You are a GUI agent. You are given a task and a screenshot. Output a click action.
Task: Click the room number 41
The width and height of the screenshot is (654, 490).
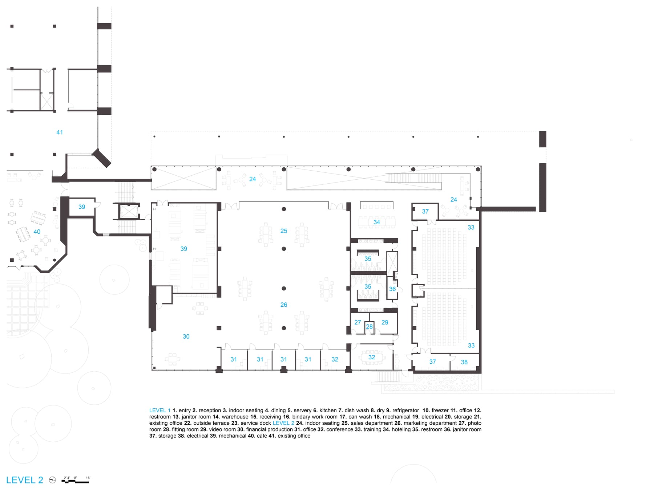click(60, 132)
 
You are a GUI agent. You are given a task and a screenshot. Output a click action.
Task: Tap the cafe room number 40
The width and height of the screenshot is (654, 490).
click(37, 232)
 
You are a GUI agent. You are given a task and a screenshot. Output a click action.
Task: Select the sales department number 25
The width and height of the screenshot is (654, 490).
click(284, 231)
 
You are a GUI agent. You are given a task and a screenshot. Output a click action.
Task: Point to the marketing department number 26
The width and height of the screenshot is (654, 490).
click(284, 305)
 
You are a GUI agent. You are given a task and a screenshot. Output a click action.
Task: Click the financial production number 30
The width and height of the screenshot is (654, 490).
click(186, 336)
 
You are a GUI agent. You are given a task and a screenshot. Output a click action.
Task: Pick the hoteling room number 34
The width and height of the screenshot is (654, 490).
click(377, 222)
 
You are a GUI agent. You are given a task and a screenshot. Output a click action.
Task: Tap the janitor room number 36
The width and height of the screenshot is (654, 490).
click(392, 289)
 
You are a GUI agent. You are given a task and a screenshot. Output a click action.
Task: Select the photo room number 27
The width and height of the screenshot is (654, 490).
click(358, 322)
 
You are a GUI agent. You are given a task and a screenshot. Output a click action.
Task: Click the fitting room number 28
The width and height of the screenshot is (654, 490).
click(369, 327)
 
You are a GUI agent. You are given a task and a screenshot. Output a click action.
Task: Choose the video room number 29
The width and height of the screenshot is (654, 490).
click(385, 322)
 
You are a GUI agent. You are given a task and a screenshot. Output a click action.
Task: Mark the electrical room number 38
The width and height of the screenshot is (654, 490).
click(464, 362)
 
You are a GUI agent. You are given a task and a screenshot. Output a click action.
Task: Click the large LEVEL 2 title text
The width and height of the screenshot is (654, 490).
click(25, 480)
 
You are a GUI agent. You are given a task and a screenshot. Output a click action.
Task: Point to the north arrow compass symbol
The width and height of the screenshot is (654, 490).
click(53, 480)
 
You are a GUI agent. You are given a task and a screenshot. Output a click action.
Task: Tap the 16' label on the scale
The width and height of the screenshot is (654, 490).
click(88, 478)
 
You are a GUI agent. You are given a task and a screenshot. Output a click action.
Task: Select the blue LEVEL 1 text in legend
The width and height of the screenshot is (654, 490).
click(160, 411)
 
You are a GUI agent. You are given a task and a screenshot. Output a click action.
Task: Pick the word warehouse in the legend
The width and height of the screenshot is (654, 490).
click(235, 417)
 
